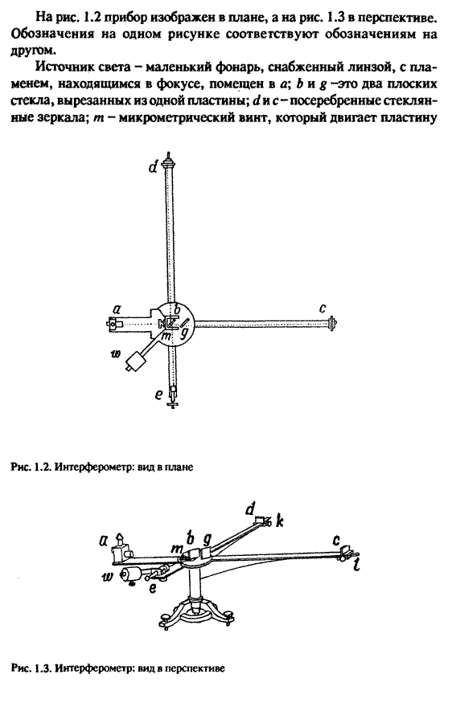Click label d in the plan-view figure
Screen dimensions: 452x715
pos(153,167)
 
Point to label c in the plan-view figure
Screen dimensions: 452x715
pos(323,308)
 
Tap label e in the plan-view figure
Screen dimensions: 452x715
pos(158,394)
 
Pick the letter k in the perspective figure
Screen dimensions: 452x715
pos(280,521)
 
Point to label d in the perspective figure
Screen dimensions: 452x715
pos(250,509)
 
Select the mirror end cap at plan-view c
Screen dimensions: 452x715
pos(334,323)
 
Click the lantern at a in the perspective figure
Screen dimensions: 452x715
pos(121,548)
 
